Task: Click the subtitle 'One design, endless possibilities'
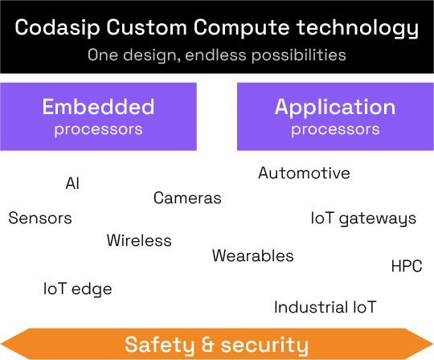[x=216, y=55]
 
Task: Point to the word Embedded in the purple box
[x=98, y=107]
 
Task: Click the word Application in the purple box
[x=334, y=107]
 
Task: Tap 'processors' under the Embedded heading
[x=98, y=129]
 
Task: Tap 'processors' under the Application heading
[x=334, y=129]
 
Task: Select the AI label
[x=72, y=183]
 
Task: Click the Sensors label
[x=40, y=218]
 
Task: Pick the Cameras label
[x=187, y=198]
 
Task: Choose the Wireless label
[x=139, y=240]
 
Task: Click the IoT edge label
[x=77, y=288]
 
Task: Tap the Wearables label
[x=252, y=256]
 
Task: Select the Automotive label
[x=304, y=173]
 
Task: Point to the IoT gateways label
[x=363, y=218]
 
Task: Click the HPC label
[x=406, y=266]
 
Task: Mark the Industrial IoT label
[x=325, y=307]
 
